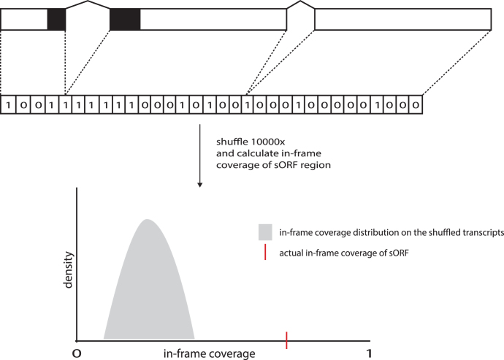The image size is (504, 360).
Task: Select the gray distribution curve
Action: [x=148, y=285]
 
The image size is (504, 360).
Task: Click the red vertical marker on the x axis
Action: [x=287, y=340]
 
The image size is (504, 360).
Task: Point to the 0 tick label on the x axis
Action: [x=75, y=353]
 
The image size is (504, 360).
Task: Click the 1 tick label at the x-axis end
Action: [x=370, y=353]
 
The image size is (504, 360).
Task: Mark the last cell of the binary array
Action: [x=415, y=104]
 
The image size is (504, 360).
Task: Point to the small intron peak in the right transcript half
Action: [x=300, y=3]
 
